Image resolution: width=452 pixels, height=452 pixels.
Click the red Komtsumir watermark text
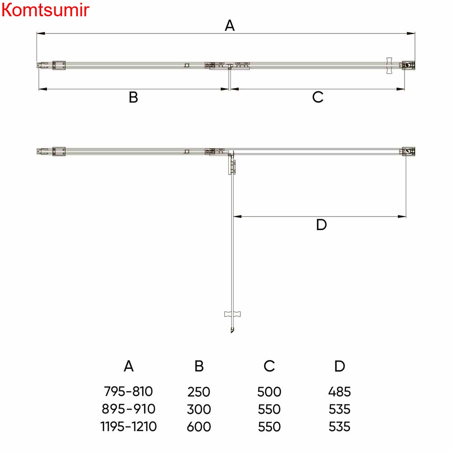click(x=45, y=9)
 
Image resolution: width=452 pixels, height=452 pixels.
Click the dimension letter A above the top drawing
click(x=230, y=25)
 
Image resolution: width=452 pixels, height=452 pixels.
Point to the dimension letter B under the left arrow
click(x=133, y=98)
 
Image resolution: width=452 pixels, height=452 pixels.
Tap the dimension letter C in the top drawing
click(x=318, y=97)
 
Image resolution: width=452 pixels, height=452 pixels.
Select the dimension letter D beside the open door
click(x=321, y=225)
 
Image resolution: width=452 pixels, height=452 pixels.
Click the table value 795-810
click(x=128, y=391)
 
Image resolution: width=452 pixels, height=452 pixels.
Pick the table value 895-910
click(x=128, y=409)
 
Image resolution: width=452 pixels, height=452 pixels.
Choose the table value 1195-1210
click(x=128, y=427)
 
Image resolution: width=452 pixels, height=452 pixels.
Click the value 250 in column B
click(x=198, y=392)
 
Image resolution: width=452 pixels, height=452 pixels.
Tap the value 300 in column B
click(x=198, y=410)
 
